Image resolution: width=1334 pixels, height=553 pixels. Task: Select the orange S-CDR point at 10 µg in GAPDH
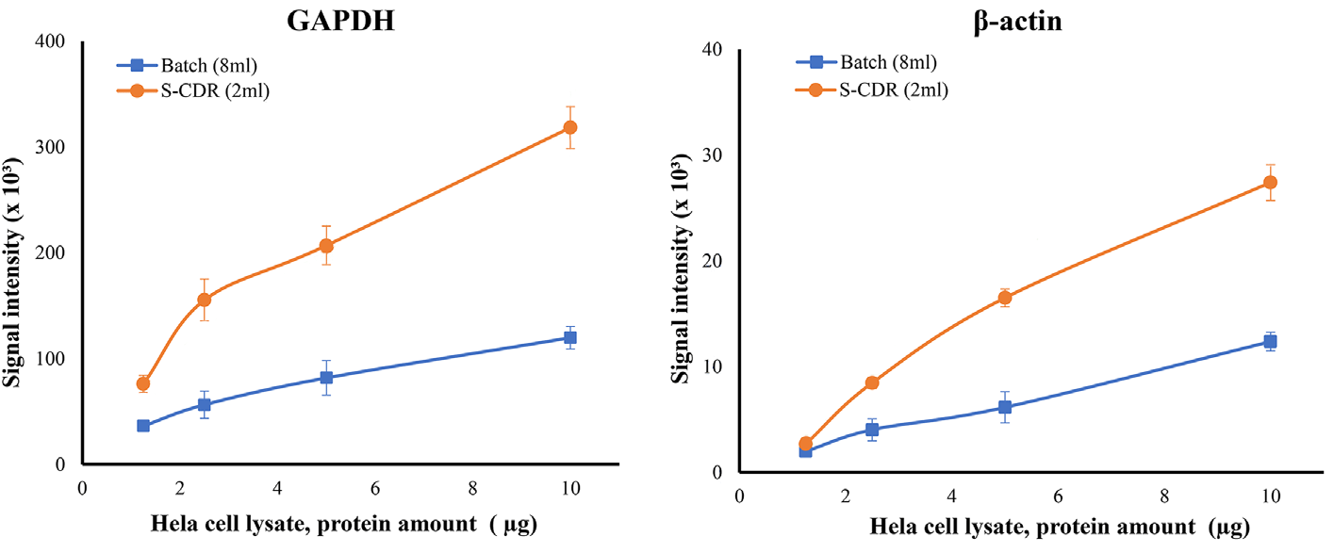(x=569, y=127)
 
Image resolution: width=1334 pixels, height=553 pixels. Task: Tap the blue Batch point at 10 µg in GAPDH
(x=569, y=337)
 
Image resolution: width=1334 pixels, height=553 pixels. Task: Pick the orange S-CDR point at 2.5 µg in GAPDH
(x=204, y=300)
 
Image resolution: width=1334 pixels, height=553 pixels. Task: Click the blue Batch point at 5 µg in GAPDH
(x=326, y=377)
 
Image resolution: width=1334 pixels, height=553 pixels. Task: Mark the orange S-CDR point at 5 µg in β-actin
(x=1005, y=298)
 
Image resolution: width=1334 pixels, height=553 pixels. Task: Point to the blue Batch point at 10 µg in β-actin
(x=1270, y=342)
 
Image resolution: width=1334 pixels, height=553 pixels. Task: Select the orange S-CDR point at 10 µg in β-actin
(x=1270, y=182)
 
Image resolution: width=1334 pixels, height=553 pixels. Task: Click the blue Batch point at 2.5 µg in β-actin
(x=872, y=430)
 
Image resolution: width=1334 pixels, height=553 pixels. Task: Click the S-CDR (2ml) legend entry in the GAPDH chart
(x=189, y=91)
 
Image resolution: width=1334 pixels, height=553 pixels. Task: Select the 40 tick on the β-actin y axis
(x=718, y=50)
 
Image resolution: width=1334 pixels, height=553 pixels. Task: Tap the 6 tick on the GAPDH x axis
(x=374, y=488)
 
